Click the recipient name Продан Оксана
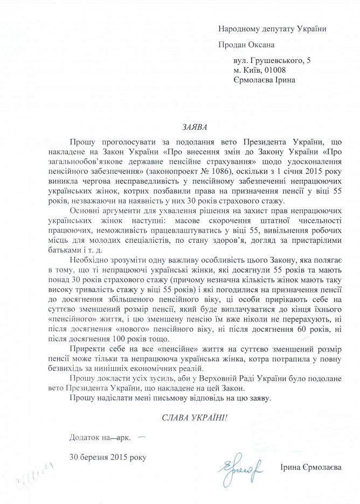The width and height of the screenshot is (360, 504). pos(247,45)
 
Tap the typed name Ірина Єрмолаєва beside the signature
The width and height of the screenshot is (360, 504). pos(313,467)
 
